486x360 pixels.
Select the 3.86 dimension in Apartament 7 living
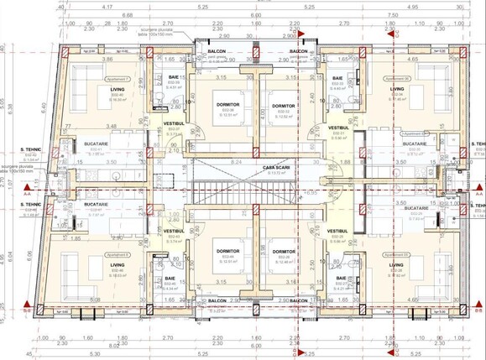(x=107, y=60)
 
